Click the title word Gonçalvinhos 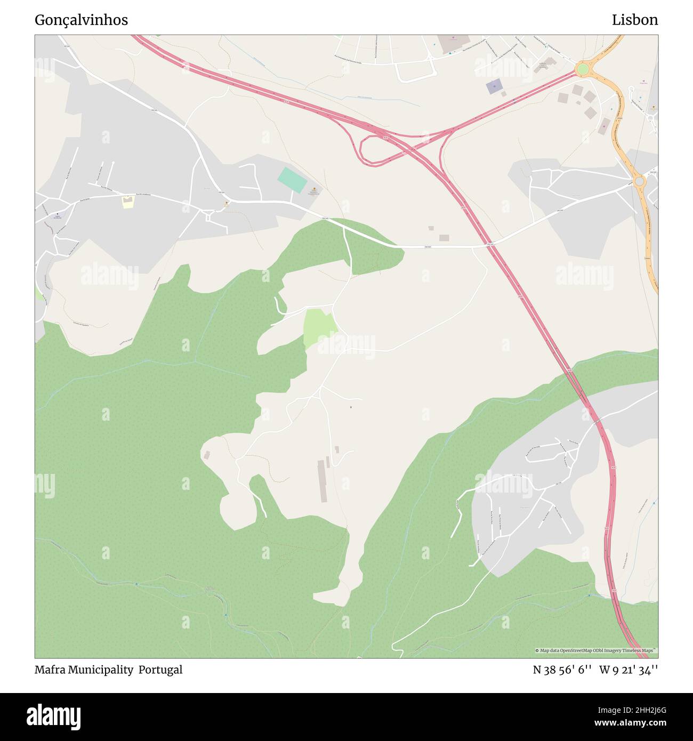tap(81, 20)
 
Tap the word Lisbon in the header tap(634, 20)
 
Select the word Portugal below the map tap(160, 670)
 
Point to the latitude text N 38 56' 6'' tap(562, 670)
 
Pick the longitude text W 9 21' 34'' tap(628, 670)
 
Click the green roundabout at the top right tap(582, 69)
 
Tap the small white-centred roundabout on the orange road tap(640, 182)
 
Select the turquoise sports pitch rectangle tap(292, 180)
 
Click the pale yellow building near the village tap(127, 202)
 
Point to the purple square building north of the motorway tap(494, 86)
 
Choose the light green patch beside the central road tap(319, 328)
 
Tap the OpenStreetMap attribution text tap(596, 650)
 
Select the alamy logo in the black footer tap(53, 716)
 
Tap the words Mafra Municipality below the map tap(84, 670)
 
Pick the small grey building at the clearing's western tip tap(206, 455)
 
